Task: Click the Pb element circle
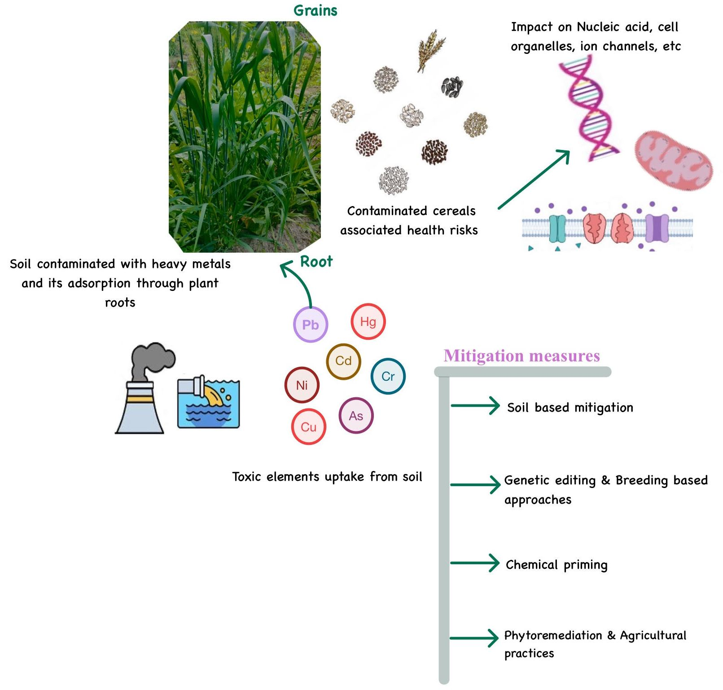point(310,325)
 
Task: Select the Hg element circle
point(368,321)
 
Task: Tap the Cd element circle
point(343,361)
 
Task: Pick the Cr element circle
point(388,376)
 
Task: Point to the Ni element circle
point(302,385)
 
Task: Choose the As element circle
point(356,416)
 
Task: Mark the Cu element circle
point(308,427)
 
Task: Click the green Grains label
point(315,10)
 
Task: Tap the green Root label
point(316,261)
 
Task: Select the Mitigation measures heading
point(521,356)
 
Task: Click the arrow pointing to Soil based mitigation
point(475,406)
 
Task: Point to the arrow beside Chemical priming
point(475,563)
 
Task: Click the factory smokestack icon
point(144,389)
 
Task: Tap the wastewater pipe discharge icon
point(208,402)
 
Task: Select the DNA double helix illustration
point(588,110)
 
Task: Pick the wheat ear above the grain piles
point(430,50)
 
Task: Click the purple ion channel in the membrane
point(657,228)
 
